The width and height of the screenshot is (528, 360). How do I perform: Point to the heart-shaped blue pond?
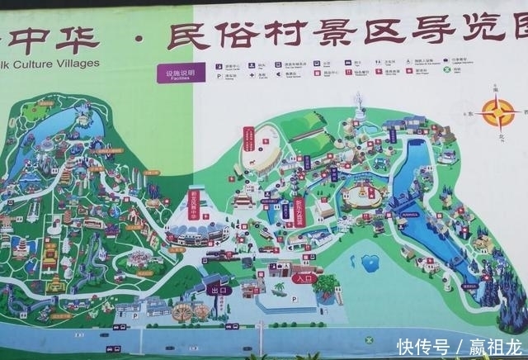coord(370,263)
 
